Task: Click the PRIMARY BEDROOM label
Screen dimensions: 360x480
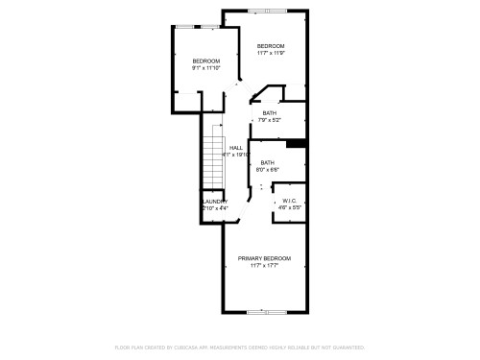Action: (264, 258)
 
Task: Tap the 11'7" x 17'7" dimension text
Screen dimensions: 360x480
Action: (264, 266)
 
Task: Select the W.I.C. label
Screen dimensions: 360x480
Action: (289, 201)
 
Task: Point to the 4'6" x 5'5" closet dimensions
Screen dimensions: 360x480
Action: (289, 207)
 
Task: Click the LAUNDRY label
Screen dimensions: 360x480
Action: (215, 201)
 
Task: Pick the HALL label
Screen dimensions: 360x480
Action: (235, 147)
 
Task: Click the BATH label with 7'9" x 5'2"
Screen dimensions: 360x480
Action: (269, 113)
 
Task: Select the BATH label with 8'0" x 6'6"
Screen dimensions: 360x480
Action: (268, 162)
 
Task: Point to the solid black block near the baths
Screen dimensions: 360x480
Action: (296, 145)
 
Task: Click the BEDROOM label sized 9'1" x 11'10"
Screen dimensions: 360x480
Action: (206, 60)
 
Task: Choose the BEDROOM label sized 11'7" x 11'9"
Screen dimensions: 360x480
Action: (270, 46)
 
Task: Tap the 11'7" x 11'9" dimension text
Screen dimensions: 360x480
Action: (270, 54)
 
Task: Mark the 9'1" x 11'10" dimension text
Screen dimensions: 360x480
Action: (206, 68)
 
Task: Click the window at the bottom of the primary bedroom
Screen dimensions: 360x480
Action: (260, 312)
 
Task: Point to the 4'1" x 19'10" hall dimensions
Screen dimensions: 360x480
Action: (235, 154)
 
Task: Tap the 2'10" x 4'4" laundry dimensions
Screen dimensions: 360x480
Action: (215, 207)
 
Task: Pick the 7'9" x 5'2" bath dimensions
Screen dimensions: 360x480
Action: (269, 120)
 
